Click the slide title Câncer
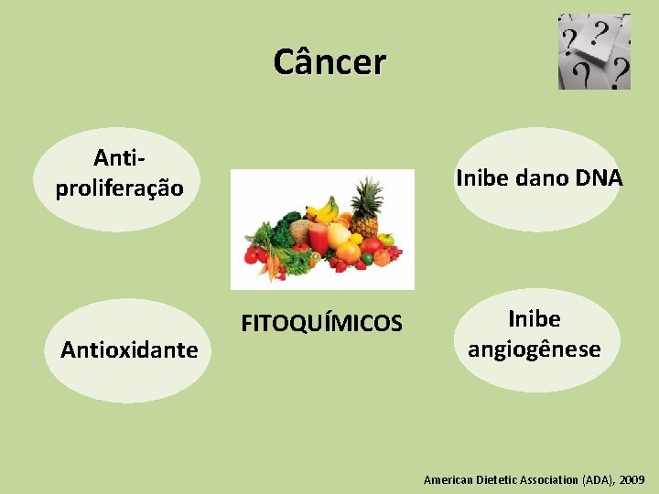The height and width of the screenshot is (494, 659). [329, 61]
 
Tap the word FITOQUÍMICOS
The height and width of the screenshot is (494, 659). [320, 324]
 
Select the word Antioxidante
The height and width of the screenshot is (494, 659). [129, 349]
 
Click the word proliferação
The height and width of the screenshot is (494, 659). [120, 188]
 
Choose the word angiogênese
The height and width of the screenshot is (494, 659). [534, 349]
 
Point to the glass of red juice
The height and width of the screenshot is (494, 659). [318, 240]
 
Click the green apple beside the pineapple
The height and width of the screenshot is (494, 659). [386, 241]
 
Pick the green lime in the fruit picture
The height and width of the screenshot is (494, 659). [367, 259]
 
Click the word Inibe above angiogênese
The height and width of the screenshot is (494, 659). [534, 319]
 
